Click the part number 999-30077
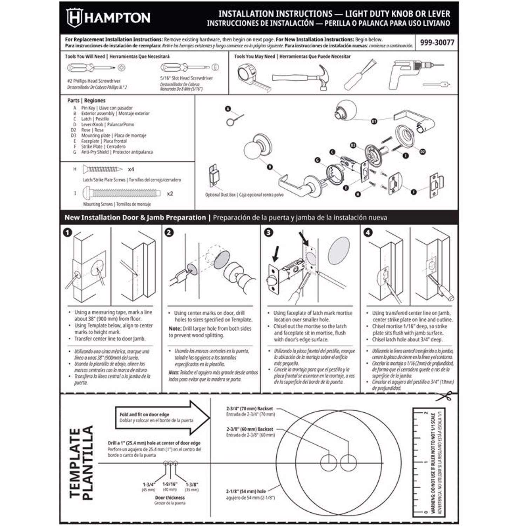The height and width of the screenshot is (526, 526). (437, 43)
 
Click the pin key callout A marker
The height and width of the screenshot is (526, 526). (228, 109)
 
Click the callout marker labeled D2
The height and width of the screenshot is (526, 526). (422, 151)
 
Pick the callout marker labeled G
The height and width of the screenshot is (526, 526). (317, 160)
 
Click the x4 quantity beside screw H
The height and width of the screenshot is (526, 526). (131, 169)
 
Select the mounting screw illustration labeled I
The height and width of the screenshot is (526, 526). (121, 193)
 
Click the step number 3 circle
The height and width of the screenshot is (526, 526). (268, 232)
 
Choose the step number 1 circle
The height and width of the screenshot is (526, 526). (67, 232)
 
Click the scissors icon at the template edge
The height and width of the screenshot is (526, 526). (443, 396)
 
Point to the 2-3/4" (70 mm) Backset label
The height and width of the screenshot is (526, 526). (249, 409)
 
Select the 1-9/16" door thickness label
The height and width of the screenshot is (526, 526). (170, 484)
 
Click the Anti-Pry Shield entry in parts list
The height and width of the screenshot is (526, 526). (95, 152)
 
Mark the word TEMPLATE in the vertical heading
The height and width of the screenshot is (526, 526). (75, 463)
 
